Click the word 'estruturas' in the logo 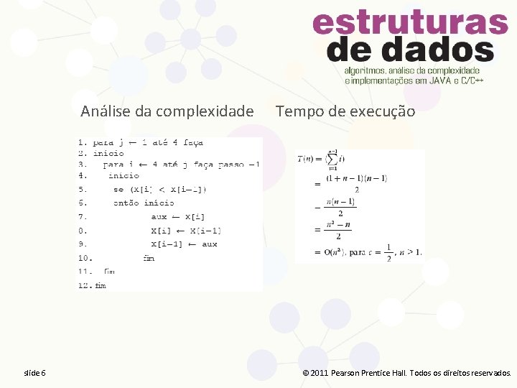pyautogui.click(x=410, y=24)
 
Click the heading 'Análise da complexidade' pyautogui.click(x=167, y=111)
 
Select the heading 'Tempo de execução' pyautogui.click(x=345, y=111)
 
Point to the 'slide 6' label pyautogui.click(x=34, y=373)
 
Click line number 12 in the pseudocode pyautogui.click(x=85, y=285)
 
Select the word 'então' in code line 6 pyautogui.click(x=125, y=203)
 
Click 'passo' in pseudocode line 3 pyautogui.click(x=228, y=164)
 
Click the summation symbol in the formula pyautogui.click(x=332, y=159)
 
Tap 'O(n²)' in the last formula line pyautogui.click(x=334, y=252)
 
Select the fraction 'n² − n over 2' pyautogui.click(x=337, y=230)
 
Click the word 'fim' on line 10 pyautogui.click(x=149, y=258)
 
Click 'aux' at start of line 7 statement pyautogui.click(x=159, y=216)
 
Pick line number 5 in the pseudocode pyautogui.click(x=83, y=189)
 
